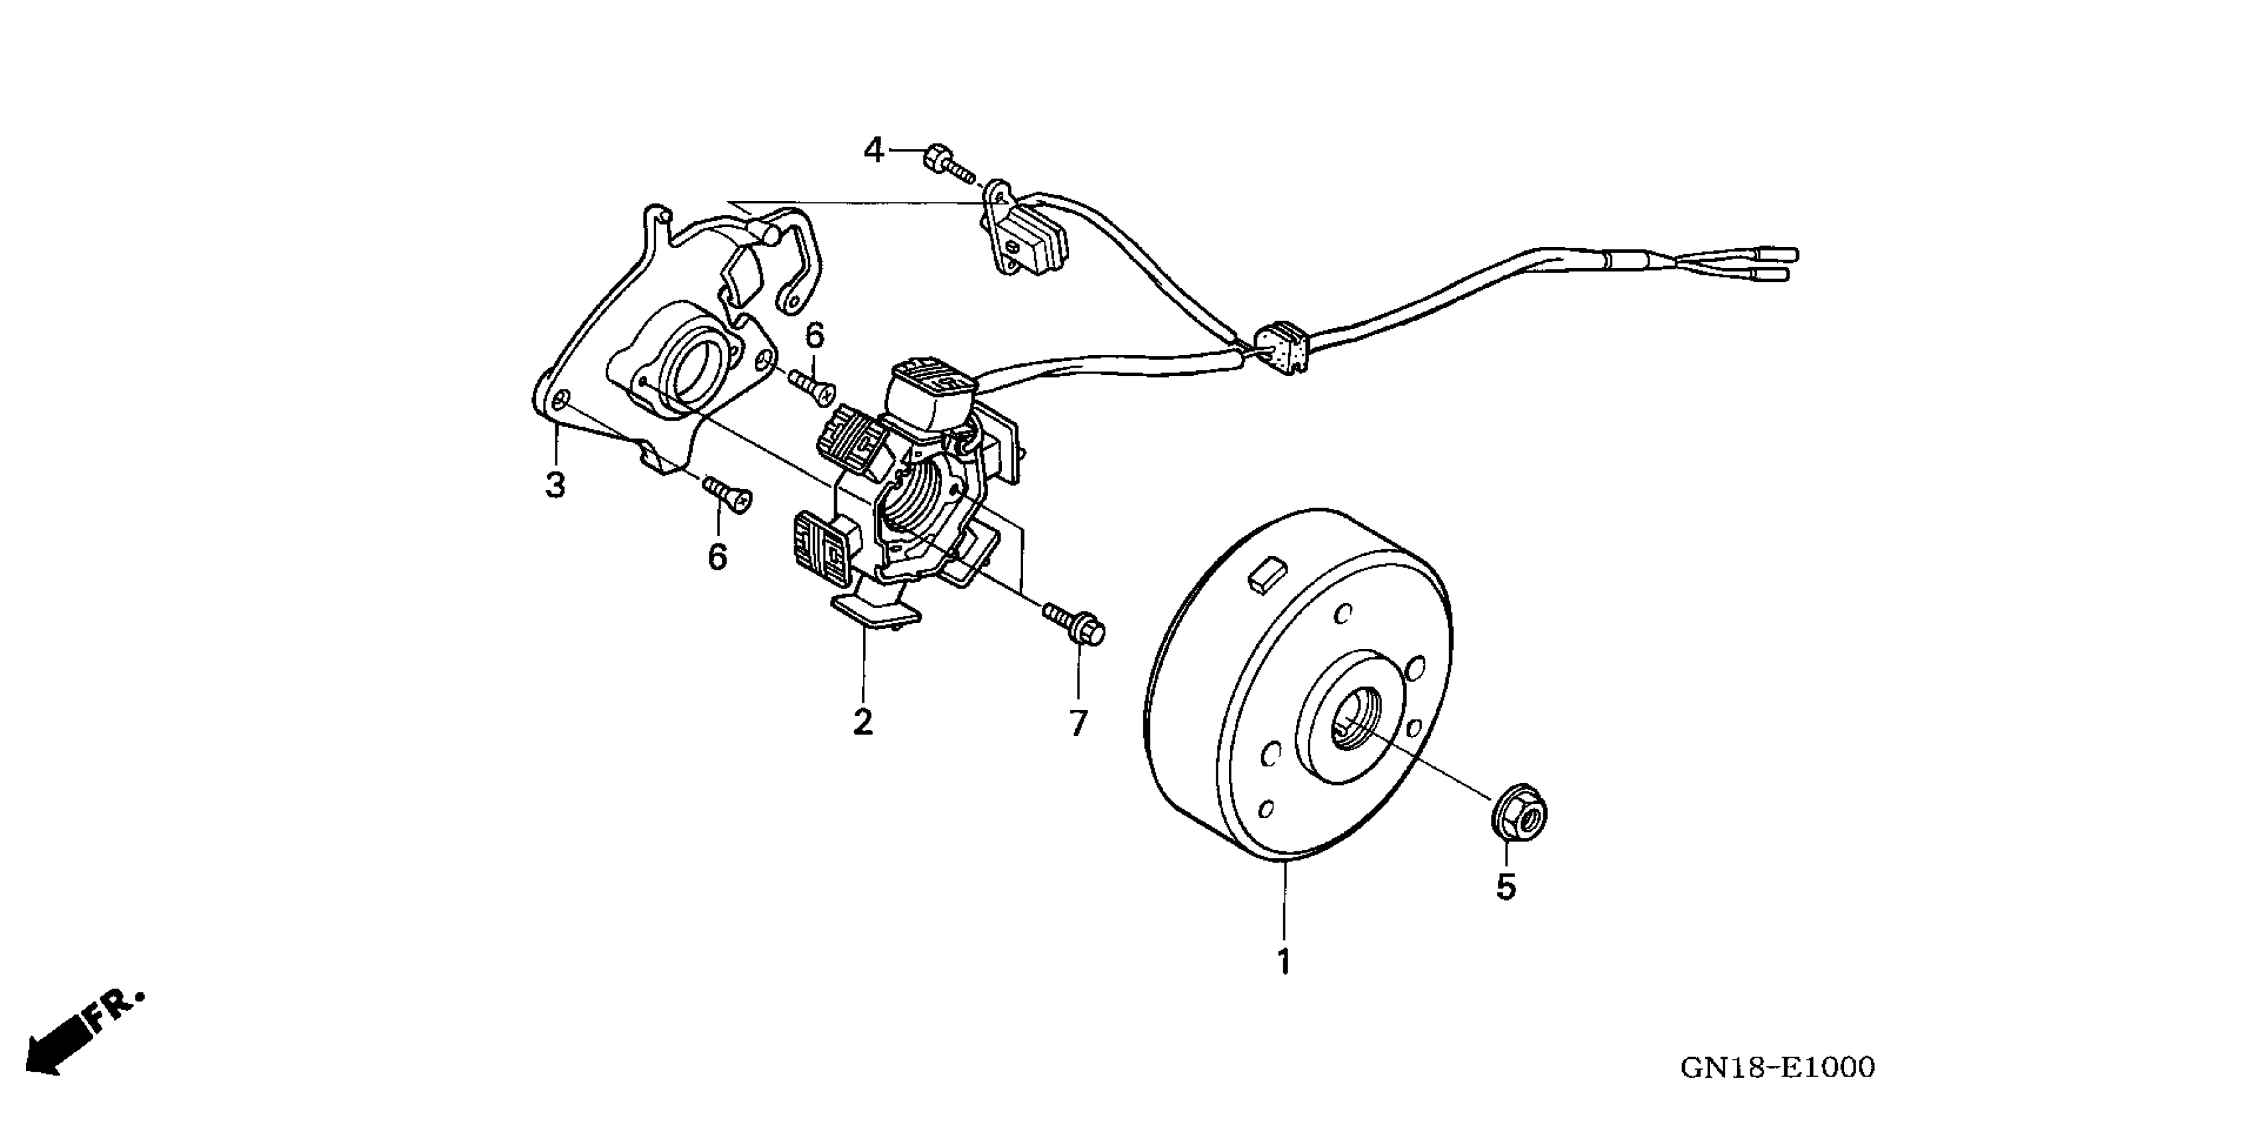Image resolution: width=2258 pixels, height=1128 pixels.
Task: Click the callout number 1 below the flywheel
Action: [1283, 961]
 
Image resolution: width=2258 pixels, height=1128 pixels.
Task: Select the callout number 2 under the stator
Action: [863, 721]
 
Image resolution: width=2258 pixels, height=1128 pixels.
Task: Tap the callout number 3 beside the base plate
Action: [555, 484]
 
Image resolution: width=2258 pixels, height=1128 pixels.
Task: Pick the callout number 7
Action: [1078, 723]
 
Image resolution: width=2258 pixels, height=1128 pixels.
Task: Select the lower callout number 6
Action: [717, 557]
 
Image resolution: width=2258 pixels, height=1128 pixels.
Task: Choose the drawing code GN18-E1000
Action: [1778, 1068]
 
